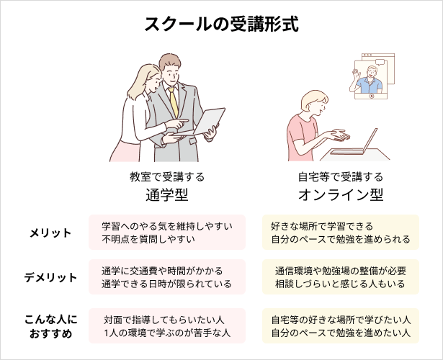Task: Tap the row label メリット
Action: click(x=50, y=233)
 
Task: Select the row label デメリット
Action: click(x=50, y=277)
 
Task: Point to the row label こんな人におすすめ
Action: click(x=50, y=325)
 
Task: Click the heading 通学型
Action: click(x=167, y=194)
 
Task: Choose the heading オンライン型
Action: click(x=340, y=194)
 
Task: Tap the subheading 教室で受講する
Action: click(x=167, y=176)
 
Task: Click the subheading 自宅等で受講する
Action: click(x=340, y=176)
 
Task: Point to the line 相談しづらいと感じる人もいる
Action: click(x=340, y=284)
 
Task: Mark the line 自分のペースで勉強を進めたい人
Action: click(x=340, y=333)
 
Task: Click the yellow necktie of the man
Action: click(x=174, y=101)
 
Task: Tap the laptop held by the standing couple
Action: click(x=209, y=121)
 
